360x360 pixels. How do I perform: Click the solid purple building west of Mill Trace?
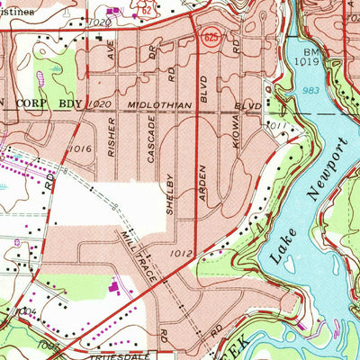click(115, 287)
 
